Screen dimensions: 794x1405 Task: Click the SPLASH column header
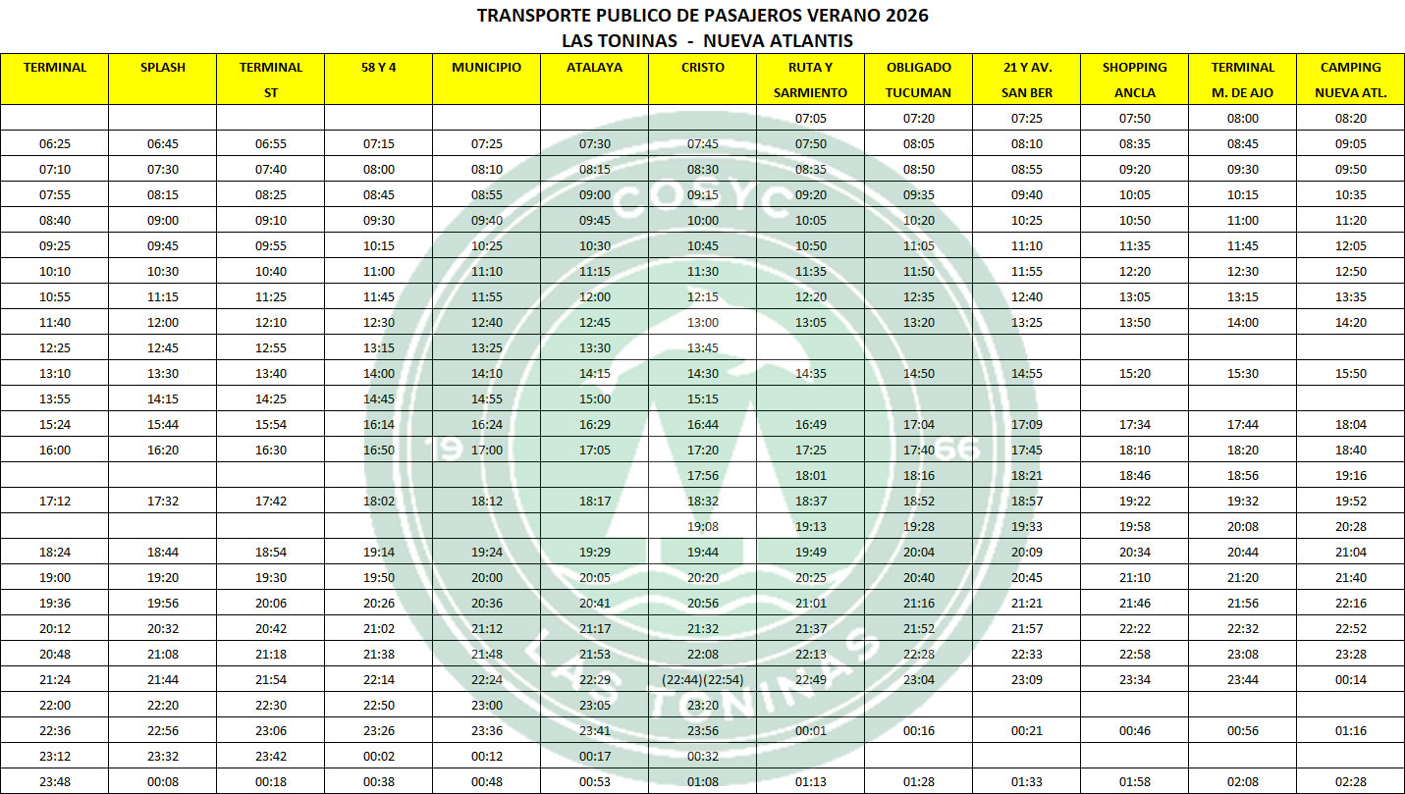(x=162, y=68)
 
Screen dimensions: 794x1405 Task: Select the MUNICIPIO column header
(x=486, y=68)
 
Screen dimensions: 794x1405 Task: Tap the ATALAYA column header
(x=594, y=68)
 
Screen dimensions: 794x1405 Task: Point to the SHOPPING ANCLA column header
(x=1134, y=79)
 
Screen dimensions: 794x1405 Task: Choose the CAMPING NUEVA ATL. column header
(x=1350, y=79)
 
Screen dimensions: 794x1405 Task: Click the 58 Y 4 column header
(x=378, y=68)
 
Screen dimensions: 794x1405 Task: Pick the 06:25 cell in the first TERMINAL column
(x=55, y=144)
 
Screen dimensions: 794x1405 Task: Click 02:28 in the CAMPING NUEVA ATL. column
(x=1350, y=782)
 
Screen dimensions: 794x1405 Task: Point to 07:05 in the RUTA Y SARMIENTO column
(x=810, y=119)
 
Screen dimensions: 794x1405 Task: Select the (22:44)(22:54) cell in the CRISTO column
(x=702, y=680)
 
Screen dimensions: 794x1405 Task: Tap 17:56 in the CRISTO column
(x=702, y=476)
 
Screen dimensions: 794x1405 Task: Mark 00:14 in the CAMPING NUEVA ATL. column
(x=1350, y=680)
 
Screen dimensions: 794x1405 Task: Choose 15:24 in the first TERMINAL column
(x=55, y=425)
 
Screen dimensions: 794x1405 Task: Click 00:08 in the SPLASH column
(x=162, y=782)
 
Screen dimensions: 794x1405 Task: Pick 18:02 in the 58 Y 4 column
(x=378, y=502)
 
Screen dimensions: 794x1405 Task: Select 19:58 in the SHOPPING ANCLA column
(x=1134, y=527)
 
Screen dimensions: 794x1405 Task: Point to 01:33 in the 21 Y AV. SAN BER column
(x=1026, y=782)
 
